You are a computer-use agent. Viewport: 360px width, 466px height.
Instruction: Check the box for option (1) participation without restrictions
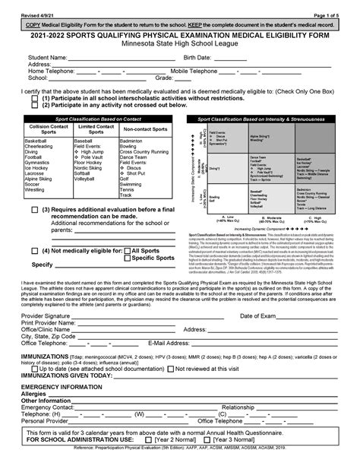(x=35, y=98)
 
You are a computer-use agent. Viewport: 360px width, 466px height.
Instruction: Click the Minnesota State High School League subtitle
(x=179, y=44)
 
